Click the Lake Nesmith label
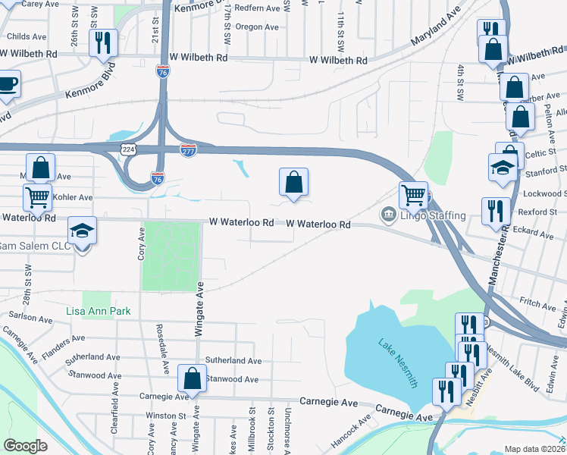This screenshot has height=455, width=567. tap(398, 364)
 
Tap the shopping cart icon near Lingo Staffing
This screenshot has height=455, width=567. tap(413, 195)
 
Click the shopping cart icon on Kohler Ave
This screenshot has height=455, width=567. tap(37, 197)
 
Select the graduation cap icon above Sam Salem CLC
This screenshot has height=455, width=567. tap(83, 230)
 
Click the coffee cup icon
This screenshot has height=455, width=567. tap(7, 83)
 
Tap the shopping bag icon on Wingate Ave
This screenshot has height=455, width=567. tap(193, 378)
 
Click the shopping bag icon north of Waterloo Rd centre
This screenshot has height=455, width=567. tap(294, 181)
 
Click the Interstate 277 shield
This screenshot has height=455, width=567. tap(189, 150)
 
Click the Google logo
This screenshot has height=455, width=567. tap(26, 446)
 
